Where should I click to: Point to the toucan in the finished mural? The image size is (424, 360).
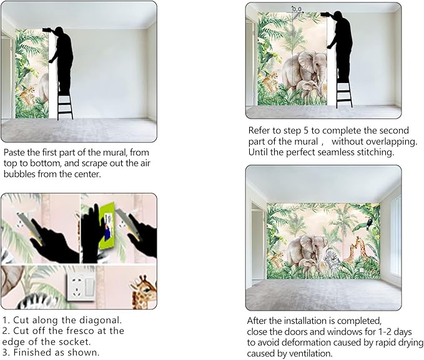click(368, 223)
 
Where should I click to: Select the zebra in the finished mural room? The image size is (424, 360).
click(330, 260)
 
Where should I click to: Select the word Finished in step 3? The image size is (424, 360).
click(31, 353)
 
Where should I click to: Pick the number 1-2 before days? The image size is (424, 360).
click(383, 332)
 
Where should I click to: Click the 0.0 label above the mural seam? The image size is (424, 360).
click(297, 9)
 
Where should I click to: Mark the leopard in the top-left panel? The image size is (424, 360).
click(28, 95)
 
